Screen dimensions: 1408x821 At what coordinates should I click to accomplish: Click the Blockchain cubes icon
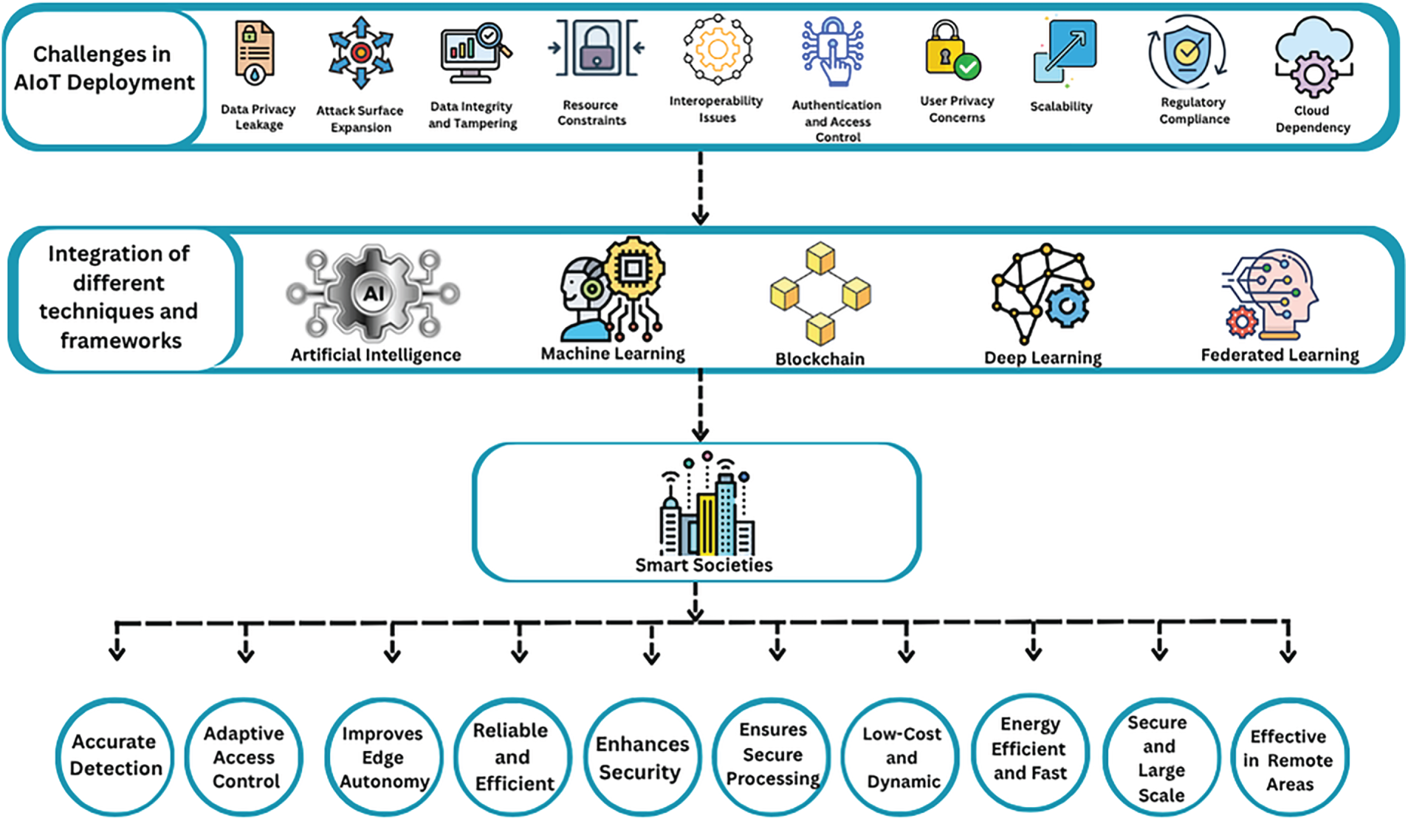[x=820, y=293]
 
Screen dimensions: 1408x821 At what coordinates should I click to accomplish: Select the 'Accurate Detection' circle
[x=115, y=756]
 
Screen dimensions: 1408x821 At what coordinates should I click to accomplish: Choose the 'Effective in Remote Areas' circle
[x=1290, y=758]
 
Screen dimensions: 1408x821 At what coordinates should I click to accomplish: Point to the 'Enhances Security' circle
[x=642, y=758]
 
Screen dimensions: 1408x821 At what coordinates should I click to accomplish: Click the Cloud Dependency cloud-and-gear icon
[x=1313, y=58]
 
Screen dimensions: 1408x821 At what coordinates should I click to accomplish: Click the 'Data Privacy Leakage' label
[x=258, y=117]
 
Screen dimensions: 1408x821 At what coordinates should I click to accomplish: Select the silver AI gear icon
[x=374, y=293]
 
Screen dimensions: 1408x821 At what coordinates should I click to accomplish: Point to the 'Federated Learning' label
[x=1280, y=355]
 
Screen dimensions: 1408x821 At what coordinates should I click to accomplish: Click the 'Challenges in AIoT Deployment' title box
[x=104, y=78]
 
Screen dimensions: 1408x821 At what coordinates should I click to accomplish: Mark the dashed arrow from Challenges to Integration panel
[x=700, y=188]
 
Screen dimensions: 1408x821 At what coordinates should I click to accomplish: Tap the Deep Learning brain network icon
[x=1043, y=293]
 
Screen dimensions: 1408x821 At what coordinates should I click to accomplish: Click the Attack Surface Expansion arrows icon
[x=360, y=52]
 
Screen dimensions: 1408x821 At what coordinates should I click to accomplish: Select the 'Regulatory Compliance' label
[x=1194, y=111]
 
